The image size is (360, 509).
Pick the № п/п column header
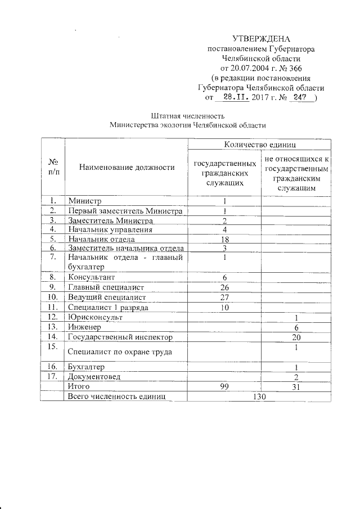[x=53, y=166]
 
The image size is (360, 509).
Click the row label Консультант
[x=91, y=278]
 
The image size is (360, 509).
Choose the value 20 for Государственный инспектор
[x=296, y=337]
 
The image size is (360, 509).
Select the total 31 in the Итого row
[x=296, y=387]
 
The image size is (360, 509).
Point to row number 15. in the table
[x=53, y=347]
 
